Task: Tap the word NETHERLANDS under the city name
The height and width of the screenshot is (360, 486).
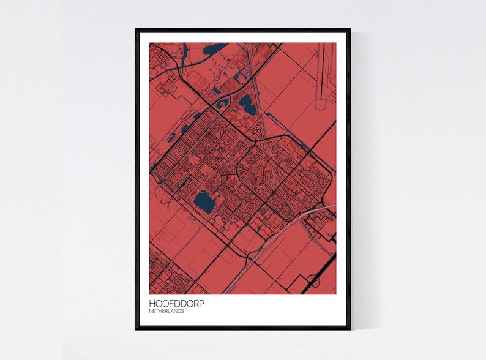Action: coord(166,311)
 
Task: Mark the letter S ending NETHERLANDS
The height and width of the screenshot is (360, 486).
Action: coord(183,311)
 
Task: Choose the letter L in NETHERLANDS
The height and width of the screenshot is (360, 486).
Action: coord(168,311)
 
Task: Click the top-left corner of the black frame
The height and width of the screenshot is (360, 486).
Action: coord(136,29)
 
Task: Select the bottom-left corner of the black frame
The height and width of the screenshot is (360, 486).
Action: coord(136,329)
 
